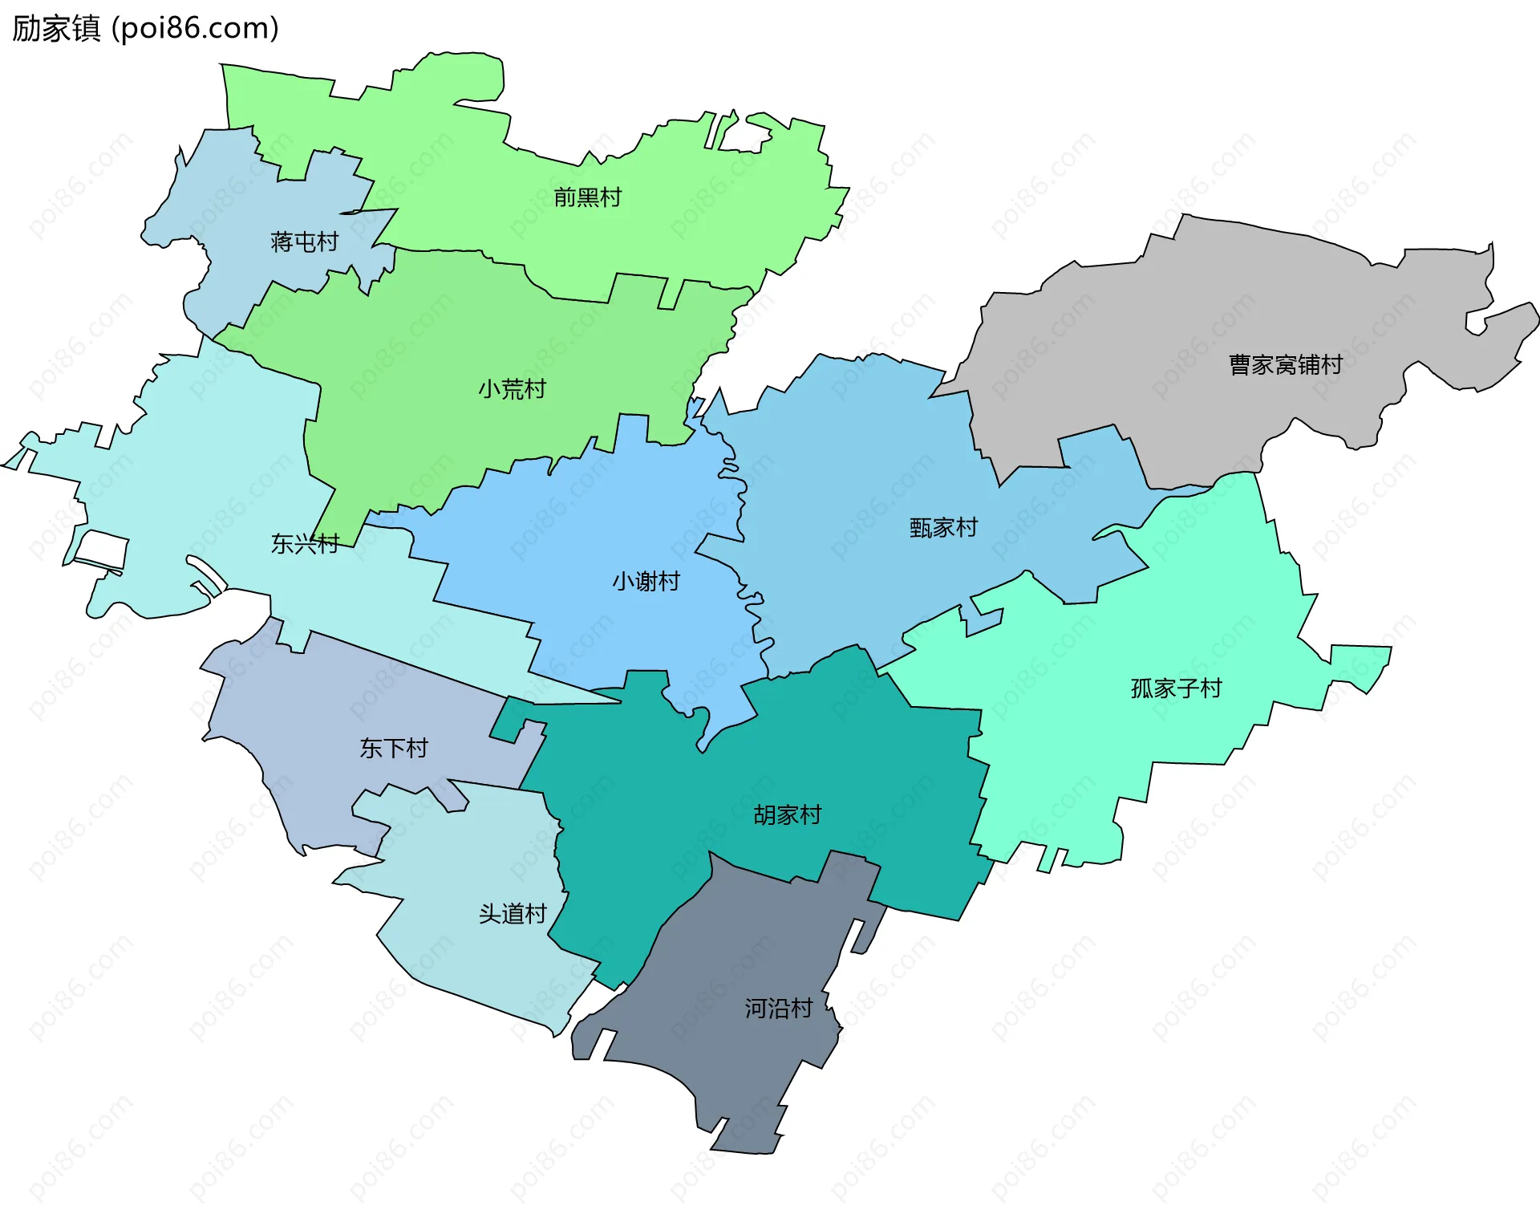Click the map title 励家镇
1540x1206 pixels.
(x=56, y=28)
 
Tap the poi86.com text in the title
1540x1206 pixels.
(x=195, y=28)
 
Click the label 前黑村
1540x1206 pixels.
(x=587, y=197)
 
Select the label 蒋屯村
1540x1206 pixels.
(x=304, y=242)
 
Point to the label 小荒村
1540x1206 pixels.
(x=512, y=389)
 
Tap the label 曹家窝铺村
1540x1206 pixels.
(x=1285, y=365)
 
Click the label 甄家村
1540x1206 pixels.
(x=943, y=528)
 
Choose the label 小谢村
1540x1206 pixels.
(x=646, y=581)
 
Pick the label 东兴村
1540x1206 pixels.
(x=304, y=544)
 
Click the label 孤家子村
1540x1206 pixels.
(x=1175, y=688)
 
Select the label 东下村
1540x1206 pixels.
(x=393, y=749)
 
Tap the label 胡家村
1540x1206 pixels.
(x=787, y=815)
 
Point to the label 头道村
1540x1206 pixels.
(x=512, y=914)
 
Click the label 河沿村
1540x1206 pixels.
(x=778, y=1009)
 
